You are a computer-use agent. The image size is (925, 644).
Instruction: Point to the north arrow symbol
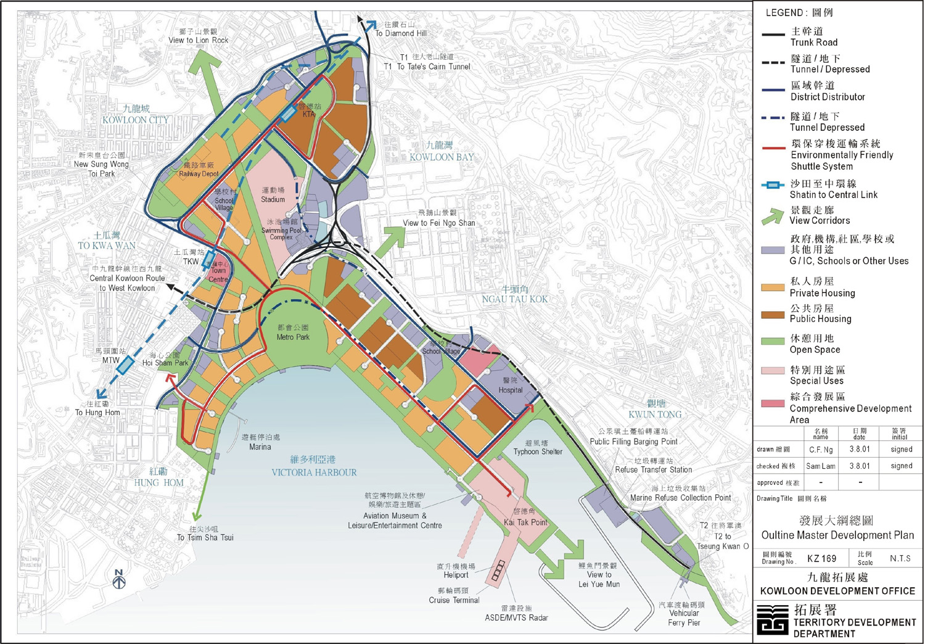(x=120, y=579)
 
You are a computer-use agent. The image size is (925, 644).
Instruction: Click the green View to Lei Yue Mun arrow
(x=564, y=558)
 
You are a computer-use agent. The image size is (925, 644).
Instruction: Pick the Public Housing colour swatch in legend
(x=773, y=314)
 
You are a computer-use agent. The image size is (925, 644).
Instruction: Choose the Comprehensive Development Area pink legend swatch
(x=773, y=403)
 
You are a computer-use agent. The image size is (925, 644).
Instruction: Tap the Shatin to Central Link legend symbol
(x=773, y=185)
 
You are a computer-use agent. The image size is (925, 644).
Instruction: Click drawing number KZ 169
(x=821, y=558)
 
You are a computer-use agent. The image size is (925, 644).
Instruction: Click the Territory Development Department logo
(x=773, y=619)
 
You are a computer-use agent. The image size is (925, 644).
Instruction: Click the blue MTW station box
(x=125, y=365)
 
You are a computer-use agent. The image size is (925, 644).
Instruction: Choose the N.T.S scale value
(x=900, y=558)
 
